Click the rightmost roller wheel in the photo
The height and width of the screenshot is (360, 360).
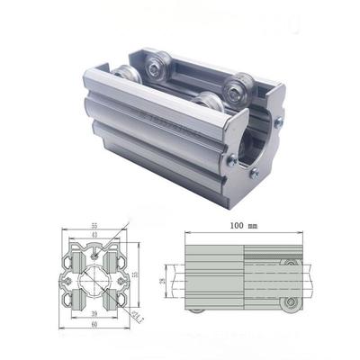pyautogui.click(x=238, y=88)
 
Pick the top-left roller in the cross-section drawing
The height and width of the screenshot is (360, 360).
pyautogui.click(x=75, y=252)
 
